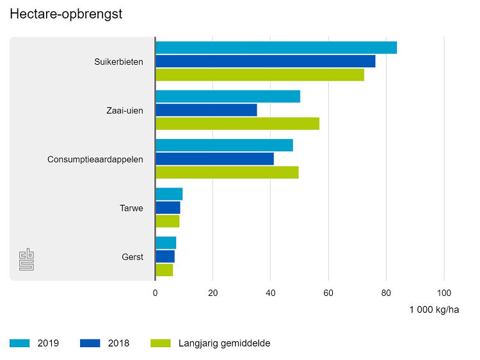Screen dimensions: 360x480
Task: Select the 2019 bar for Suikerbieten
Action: pos(276,47)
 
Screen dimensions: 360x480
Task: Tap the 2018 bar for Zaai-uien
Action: pos(206,110)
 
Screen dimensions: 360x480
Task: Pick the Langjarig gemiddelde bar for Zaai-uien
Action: pos(237,124)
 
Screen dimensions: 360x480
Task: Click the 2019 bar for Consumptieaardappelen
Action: pos(224,145)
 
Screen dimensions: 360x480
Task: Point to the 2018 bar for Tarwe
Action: pos(168,208)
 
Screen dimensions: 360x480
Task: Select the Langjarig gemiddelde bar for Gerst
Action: pos(164,270)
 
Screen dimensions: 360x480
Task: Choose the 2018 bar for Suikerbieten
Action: pos(265,61)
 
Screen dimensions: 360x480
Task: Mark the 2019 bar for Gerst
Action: pos(166,243)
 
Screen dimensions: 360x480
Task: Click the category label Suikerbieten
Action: pos(118,61)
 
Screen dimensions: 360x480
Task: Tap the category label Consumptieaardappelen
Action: pos(95,159)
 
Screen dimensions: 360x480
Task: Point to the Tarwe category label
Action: pos(131,208)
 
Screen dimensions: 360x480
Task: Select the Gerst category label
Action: pos(132,257)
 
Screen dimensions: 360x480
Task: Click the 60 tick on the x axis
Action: pos(328,293)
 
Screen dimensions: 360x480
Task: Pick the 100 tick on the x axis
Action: pos(444,293)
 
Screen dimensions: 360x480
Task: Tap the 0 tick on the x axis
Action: pos(155,293)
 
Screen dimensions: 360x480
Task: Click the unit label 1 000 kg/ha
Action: pos(435,310)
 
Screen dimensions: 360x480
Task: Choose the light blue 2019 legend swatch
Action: pos(20,343)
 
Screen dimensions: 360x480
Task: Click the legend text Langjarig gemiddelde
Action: pos(225,343)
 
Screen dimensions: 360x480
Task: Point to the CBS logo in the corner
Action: pos(27,259)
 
